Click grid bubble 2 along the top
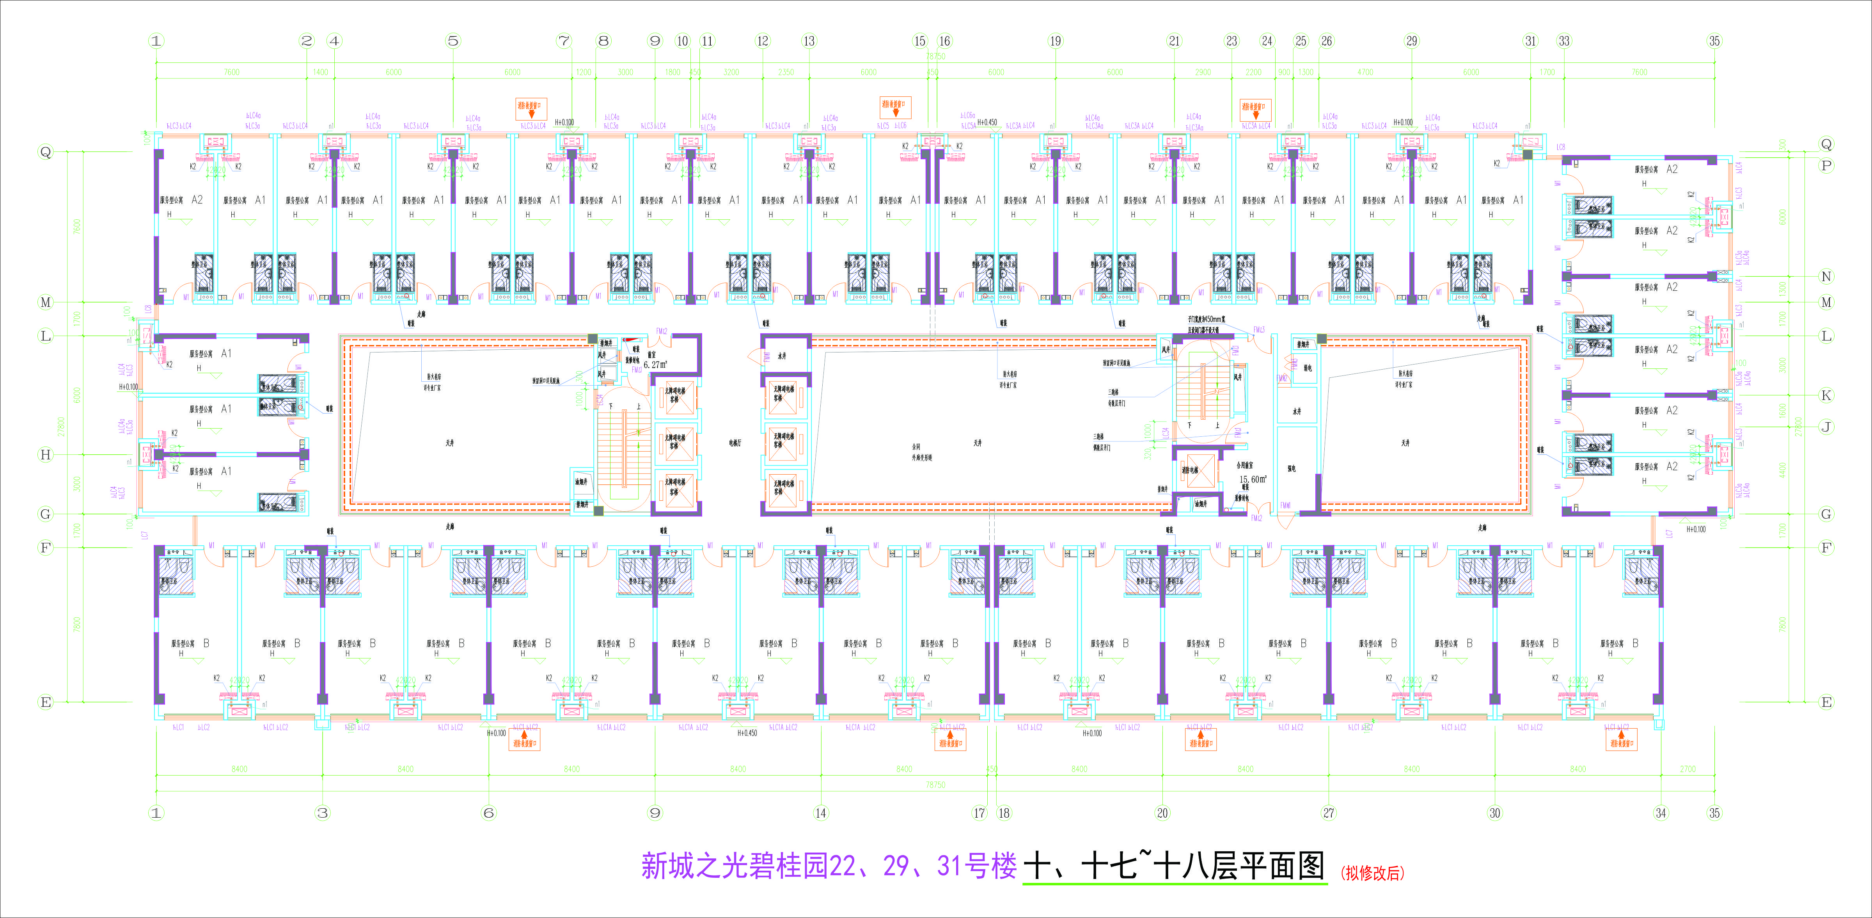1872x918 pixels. (307, 41)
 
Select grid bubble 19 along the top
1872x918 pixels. (1055, 41)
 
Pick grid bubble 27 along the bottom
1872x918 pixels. (1329, 813)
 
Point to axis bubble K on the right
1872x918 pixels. (1826, 395)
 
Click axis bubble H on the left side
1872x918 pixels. (46, 454)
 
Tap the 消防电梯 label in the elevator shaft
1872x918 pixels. (1190, 470)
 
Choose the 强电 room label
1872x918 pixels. (1291, 469)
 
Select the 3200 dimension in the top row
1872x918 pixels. (731, 72)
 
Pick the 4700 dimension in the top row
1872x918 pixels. (1366, 72)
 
